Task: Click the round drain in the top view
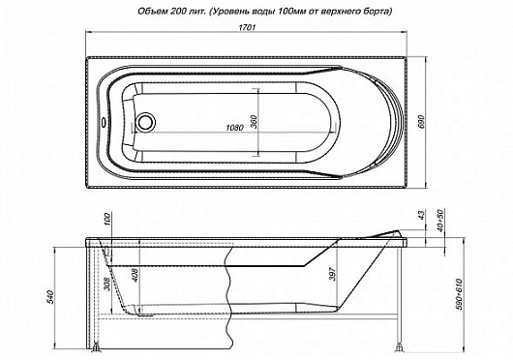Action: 147,124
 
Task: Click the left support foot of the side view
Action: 103,344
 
